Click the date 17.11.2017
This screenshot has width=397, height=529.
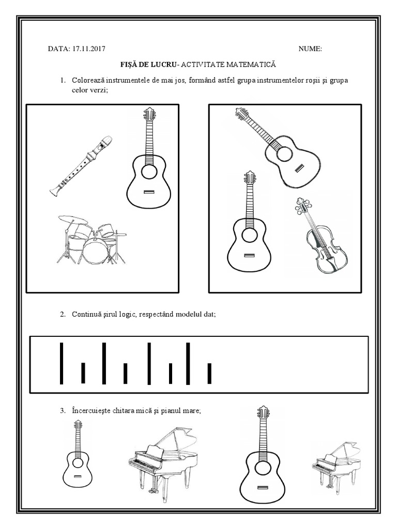88,49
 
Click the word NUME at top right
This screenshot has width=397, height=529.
310,49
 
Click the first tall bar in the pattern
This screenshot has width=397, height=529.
62,363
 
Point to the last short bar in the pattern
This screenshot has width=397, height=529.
209,373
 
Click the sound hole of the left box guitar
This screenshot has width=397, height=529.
149,172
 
